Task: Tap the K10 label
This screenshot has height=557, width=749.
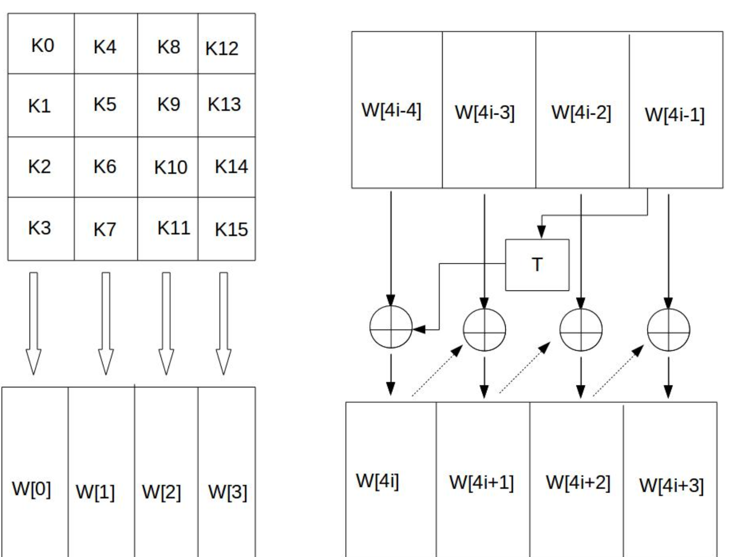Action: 170,167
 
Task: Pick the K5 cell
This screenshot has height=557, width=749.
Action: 104,104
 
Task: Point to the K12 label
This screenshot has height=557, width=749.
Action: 222,48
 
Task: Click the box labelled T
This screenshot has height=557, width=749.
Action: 537,265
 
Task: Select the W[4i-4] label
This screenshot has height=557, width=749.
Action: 391,110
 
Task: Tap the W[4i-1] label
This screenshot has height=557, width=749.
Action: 674,114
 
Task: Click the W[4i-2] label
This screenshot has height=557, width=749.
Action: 581,112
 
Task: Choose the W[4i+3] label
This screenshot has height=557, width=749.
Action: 671,486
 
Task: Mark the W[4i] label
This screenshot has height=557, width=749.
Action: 377,481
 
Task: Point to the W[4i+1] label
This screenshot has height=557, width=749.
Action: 481,482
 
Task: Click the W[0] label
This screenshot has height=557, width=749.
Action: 31,489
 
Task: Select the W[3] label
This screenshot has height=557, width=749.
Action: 227,492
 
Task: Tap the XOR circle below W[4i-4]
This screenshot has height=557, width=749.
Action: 391,327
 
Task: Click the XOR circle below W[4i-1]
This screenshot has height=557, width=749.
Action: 668,330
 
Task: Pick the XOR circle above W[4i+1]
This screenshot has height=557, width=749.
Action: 484,330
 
